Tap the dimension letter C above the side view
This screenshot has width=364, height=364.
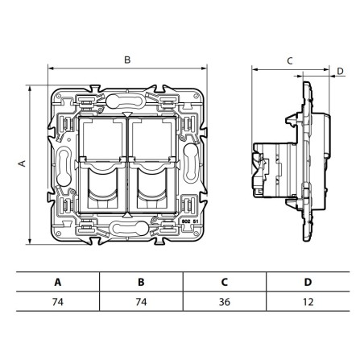[289, 60]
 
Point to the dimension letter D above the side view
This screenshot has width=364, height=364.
[340, 71]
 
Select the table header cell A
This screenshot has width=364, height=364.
[57, 283]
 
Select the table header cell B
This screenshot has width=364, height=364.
[140, 283]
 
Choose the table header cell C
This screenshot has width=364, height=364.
[225, 283]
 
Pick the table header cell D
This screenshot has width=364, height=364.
[308, 283]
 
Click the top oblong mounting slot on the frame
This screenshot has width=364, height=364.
[126, 103]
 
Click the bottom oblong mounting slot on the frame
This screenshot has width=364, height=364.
[126, 228]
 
